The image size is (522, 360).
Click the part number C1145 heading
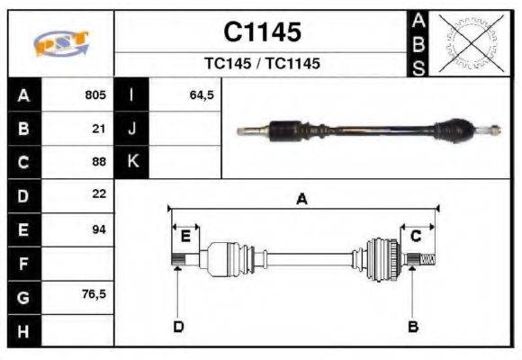tap(262, 33)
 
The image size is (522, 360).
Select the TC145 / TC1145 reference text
tap(262, 64)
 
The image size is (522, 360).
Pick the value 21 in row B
tap(99, 129)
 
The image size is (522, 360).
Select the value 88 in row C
tap(99, 162)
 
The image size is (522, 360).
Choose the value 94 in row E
tap(99, 229)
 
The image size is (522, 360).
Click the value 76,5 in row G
tap(94, 295)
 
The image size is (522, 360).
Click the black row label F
tap(23, 263)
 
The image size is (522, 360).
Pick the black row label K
tap(132, 162)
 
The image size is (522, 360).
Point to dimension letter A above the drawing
tap(302, 200)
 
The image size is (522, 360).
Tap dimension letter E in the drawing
tap(185, 236)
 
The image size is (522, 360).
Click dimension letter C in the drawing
tap(416, 236)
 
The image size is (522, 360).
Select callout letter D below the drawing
tap(177, 326)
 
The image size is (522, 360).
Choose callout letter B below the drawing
tap(413, 326)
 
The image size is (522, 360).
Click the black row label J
tap(132, 129)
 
